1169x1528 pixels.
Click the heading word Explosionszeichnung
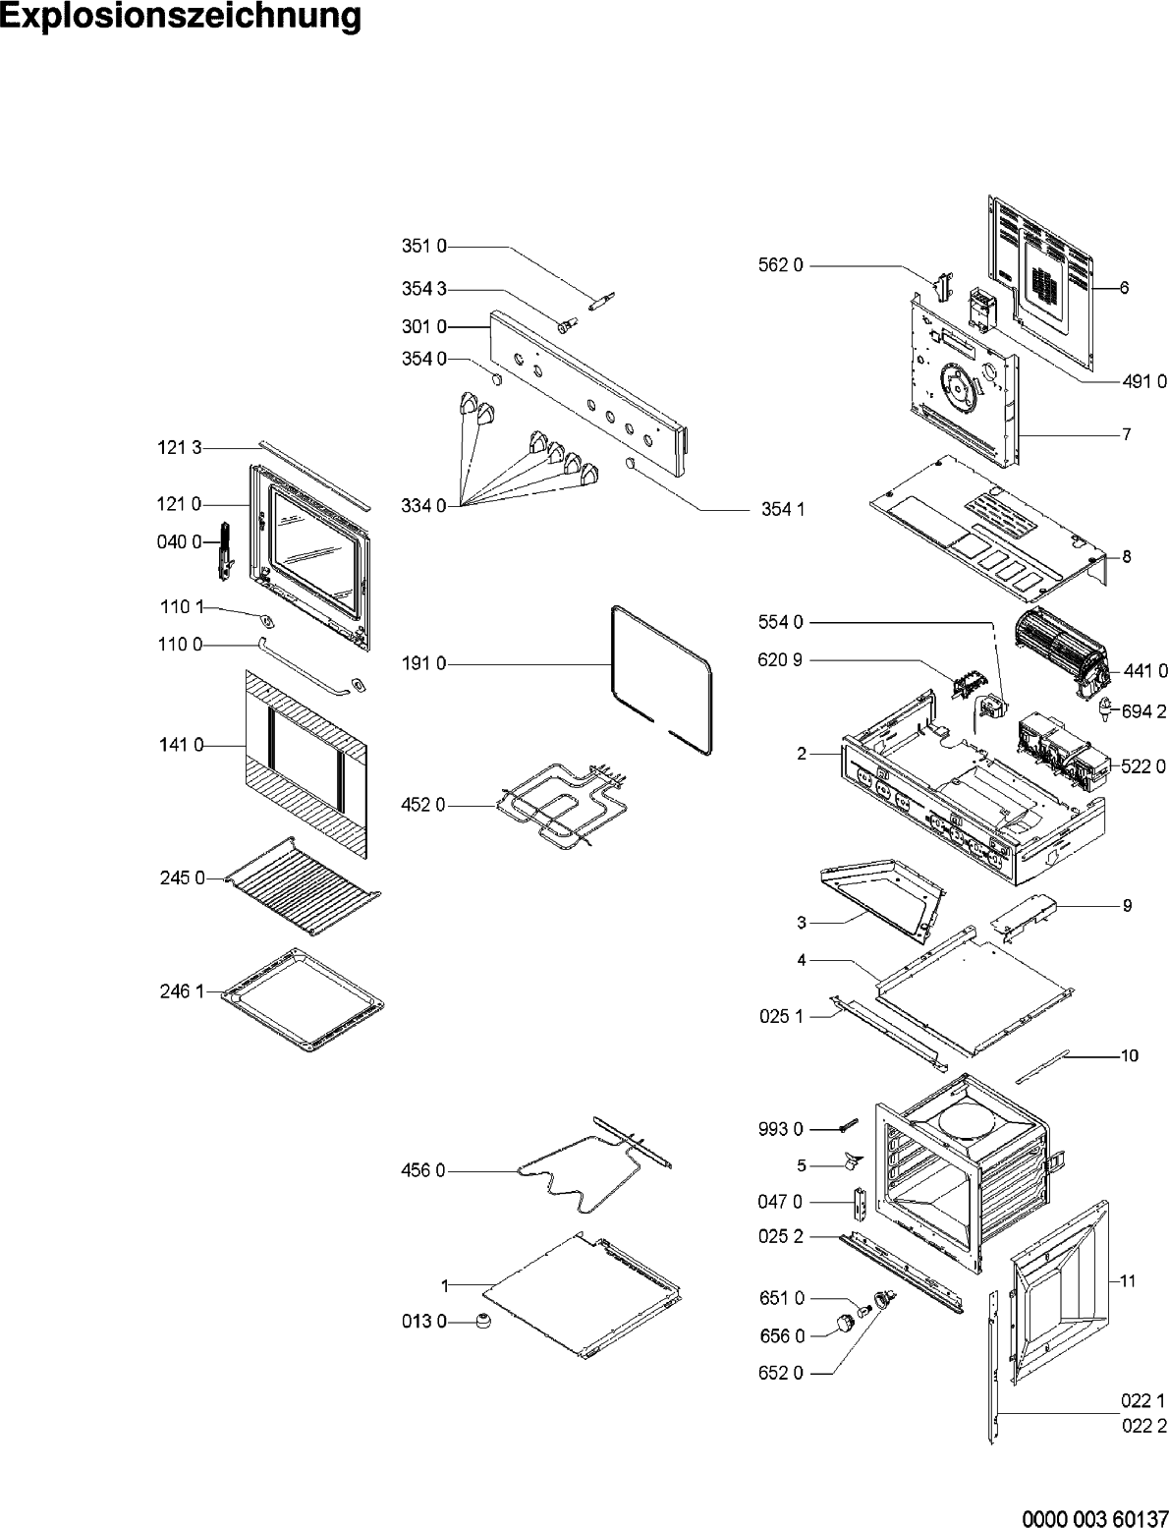(x=181, y=18)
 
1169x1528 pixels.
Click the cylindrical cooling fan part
(x=1059, y=645)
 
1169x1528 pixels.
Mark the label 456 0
(x=422, y=1170)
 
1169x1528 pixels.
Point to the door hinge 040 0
(x=225, y=550)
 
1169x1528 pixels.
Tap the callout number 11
(x=1128, y=1281)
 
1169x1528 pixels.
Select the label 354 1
(x=783, y=509)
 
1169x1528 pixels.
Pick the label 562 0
(x=781, y=264)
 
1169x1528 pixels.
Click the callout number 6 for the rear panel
(x=1124, y=288)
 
